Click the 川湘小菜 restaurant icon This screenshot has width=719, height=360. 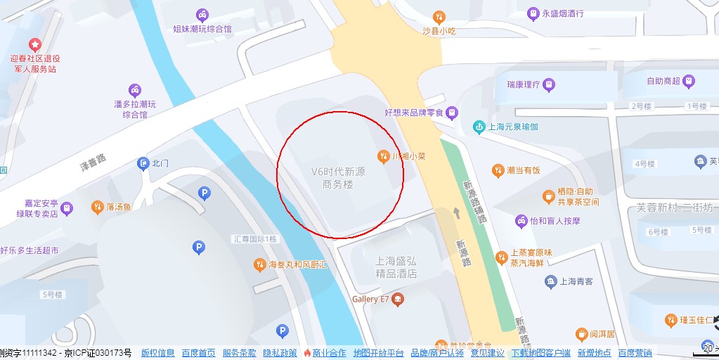coord(383,155)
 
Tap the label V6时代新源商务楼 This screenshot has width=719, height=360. coord(338,178)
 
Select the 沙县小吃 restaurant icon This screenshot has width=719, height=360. coord(439,16)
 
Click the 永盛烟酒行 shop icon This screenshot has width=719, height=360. coord(533,13)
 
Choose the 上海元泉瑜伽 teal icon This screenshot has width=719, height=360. coord(479,127)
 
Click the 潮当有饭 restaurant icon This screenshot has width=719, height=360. coord(498,169)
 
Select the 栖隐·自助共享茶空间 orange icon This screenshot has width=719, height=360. coord(548,195)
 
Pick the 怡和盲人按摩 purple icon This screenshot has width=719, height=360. coord(521,220)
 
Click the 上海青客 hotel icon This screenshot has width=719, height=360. coord(550,282)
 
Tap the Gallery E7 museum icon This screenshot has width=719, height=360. coord(399,300)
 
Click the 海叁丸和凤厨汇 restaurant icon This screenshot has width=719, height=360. coord(259,264)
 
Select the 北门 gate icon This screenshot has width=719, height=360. coord(143,163)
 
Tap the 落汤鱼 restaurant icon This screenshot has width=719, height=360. coord(97,207)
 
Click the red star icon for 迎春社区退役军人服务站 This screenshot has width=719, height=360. coord(34,44)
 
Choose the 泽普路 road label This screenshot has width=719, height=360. coord(92,163)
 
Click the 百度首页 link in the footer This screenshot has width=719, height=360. coord(198,353)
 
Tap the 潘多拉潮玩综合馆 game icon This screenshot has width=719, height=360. coord(134,90)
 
